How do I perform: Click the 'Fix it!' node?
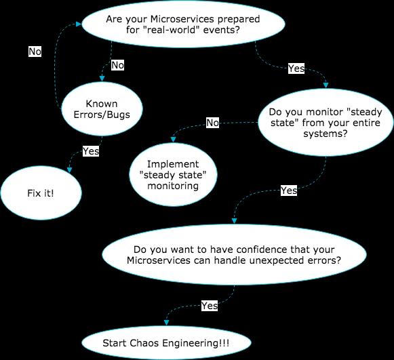[x=41, y=193]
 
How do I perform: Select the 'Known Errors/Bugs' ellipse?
[x=102, y=108]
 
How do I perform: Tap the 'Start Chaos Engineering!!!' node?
[x=166, y=343]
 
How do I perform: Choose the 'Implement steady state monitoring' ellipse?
[x=173, y=175]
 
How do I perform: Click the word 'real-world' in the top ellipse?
[x=171, y=30]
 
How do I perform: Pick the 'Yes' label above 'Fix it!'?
[x=91, y=151]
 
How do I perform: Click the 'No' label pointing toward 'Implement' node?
[x=212, y=123]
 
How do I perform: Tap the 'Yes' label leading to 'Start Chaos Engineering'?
[x=210, y=306]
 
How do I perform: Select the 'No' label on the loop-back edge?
[x=35, y=52]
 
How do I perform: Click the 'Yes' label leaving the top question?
[x=296, y=68]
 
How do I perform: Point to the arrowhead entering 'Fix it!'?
[x=69, y=170]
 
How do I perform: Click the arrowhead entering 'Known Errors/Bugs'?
[x=102, y=78]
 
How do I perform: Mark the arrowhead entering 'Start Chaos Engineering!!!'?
[x=166, y=323]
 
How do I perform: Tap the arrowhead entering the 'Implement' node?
[x=173, y=140]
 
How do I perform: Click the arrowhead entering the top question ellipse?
[x=79, y=24]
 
